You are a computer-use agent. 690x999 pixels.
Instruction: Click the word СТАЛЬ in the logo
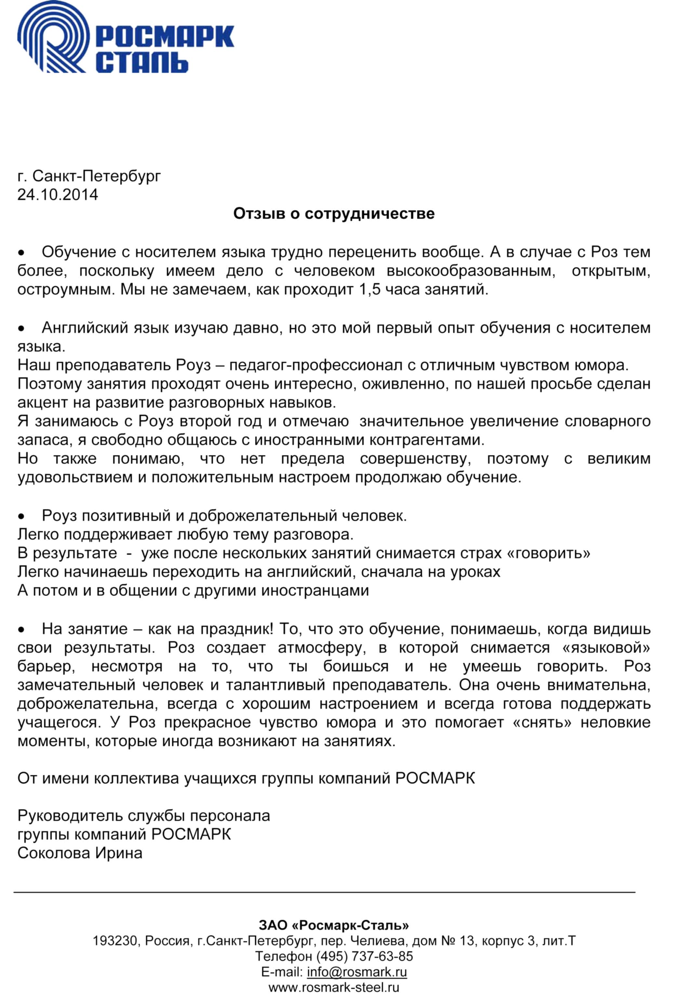pos(141,62)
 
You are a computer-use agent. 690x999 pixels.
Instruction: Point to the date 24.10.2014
pos(58,195)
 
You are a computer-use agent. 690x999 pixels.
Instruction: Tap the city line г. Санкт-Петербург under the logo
pos(89,176)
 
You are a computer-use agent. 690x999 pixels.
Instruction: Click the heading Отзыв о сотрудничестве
pos(334,214)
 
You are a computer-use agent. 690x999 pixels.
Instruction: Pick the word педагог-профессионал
pos(317,365)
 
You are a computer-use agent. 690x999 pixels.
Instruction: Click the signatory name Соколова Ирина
pos(80,853)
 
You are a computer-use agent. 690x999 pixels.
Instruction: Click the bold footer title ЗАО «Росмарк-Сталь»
pos(334,925)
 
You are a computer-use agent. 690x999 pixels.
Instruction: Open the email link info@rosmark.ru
pos(357,972)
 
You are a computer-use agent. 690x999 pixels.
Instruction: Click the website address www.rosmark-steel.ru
pos(334,987)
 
